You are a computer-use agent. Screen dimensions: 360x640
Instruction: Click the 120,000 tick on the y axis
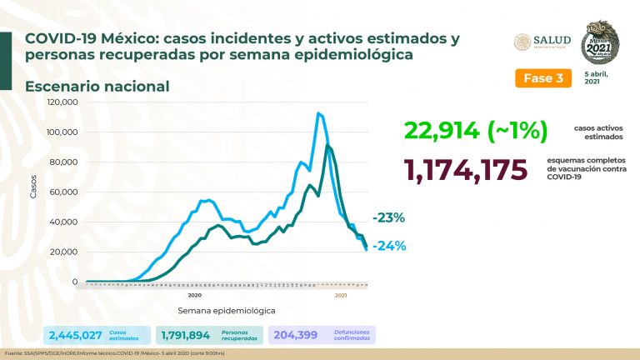62,102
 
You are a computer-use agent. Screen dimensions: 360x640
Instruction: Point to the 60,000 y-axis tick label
64,192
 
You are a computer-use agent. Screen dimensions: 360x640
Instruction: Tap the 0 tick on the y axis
74,282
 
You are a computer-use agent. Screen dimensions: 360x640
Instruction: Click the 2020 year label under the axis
195,295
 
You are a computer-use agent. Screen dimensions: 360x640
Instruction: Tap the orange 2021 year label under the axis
341,295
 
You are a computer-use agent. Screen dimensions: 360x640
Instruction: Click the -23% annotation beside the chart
388,218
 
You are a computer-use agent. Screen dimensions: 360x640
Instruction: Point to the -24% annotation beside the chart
388,245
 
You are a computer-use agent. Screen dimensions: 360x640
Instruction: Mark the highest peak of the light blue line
318,113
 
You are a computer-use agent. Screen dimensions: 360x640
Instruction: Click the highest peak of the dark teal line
328,146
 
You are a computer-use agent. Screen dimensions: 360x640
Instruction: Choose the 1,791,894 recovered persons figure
186,336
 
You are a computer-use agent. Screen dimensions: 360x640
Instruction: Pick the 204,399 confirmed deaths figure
296,336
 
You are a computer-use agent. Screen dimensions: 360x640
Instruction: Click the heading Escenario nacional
97,86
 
